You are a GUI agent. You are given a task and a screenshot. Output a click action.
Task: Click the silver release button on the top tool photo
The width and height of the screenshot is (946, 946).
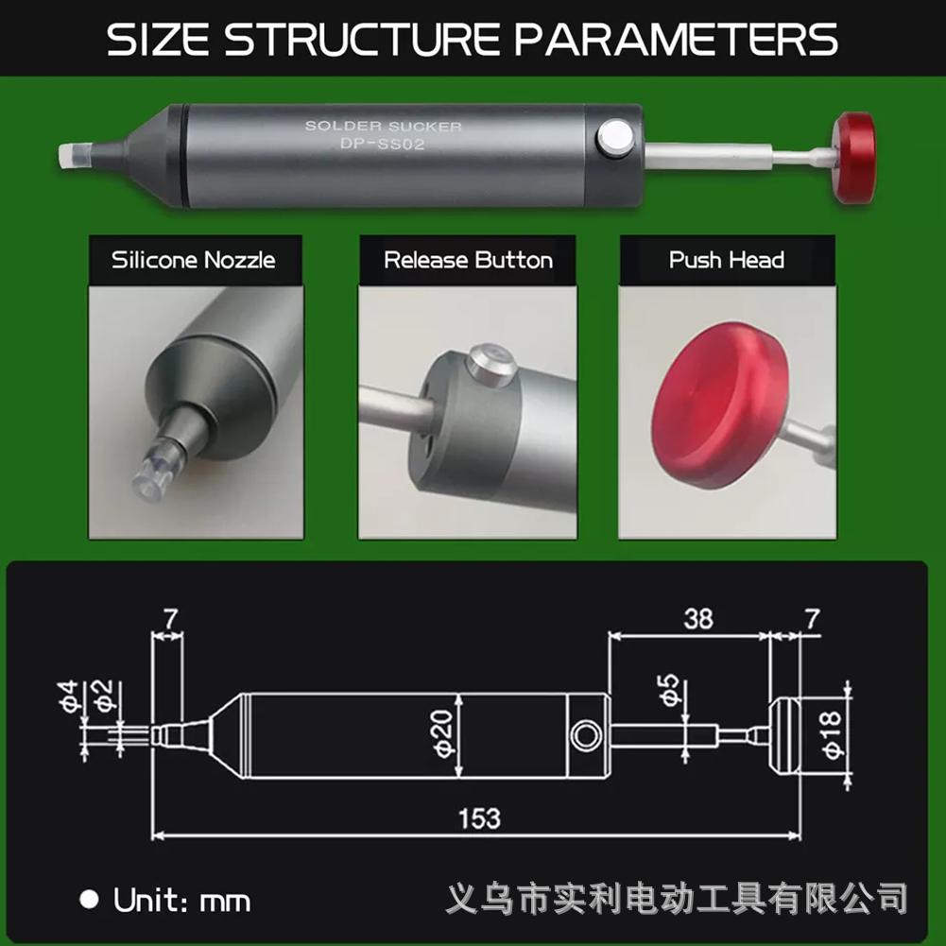[x=614, y=138]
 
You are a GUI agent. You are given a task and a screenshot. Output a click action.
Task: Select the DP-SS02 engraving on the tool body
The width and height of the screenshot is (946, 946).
[x=383, y=144]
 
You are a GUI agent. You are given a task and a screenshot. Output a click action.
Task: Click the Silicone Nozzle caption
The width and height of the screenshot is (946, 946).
[x=194, y=260]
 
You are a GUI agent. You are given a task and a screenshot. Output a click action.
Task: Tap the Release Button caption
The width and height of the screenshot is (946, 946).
[x=468, y=260]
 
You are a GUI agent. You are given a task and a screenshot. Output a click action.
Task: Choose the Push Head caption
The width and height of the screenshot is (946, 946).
[x=727, y=260]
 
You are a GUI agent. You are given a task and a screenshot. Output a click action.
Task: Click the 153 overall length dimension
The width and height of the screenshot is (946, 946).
[x=479, y=817]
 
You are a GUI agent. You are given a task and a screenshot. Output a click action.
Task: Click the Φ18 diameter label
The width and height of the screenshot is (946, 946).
[x=832, y=735]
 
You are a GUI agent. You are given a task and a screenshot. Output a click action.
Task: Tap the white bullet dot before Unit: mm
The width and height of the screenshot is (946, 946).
[x=89, y=899]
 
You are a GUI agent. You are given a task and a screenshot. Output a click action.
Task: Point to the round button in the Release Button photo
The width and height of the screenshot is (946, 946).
[x=490, y=364]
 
